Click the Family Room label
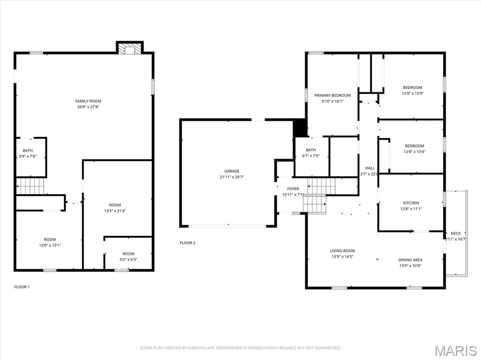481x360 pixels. (88, 101)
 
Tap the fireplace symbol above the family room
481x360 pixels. (129, 49)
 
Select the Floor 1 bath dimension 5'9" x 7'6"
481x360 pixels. (28, 156)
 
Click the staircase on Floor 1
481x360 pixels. (31, 186)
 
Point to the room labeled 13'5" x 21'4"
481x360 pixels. (115, 211)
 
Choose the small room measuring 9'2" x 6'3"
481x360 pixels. (128, 260)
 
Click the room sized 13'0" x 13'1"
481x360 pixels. (50, 245)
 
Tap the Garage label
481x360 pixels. (232, 171)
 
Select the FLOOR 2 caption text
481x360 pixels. (187, 243)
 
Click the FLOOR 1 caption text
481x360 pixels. (22, 287)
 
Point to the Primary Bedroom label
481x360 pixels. (333, 95)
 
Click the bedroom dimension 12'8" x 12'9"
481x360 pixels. (412, 93)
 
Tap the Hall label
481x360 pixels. (370, 168)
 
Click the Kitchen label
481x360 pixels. (411, 203)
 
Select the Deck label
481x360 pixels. (456, 233)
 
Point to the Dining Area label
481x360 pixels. (410, 260)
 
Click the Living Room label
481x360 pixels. (342, 251)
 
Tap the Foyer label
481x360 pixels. (293, 189)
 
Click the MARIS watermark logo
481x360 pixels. (456, 350)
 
